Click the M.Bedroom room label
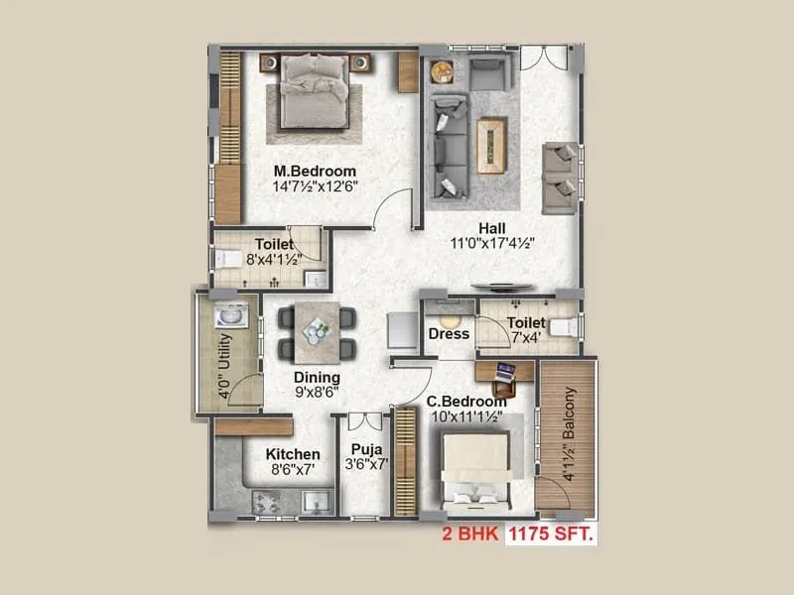(315, 171)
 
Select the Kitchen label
(293, 454)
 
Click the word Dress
(448, 334)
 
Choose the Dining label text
(317, 378)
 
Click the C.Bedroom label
(466, 402)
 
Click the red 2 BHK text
(471, 535)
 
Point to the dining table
(318, 330)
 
